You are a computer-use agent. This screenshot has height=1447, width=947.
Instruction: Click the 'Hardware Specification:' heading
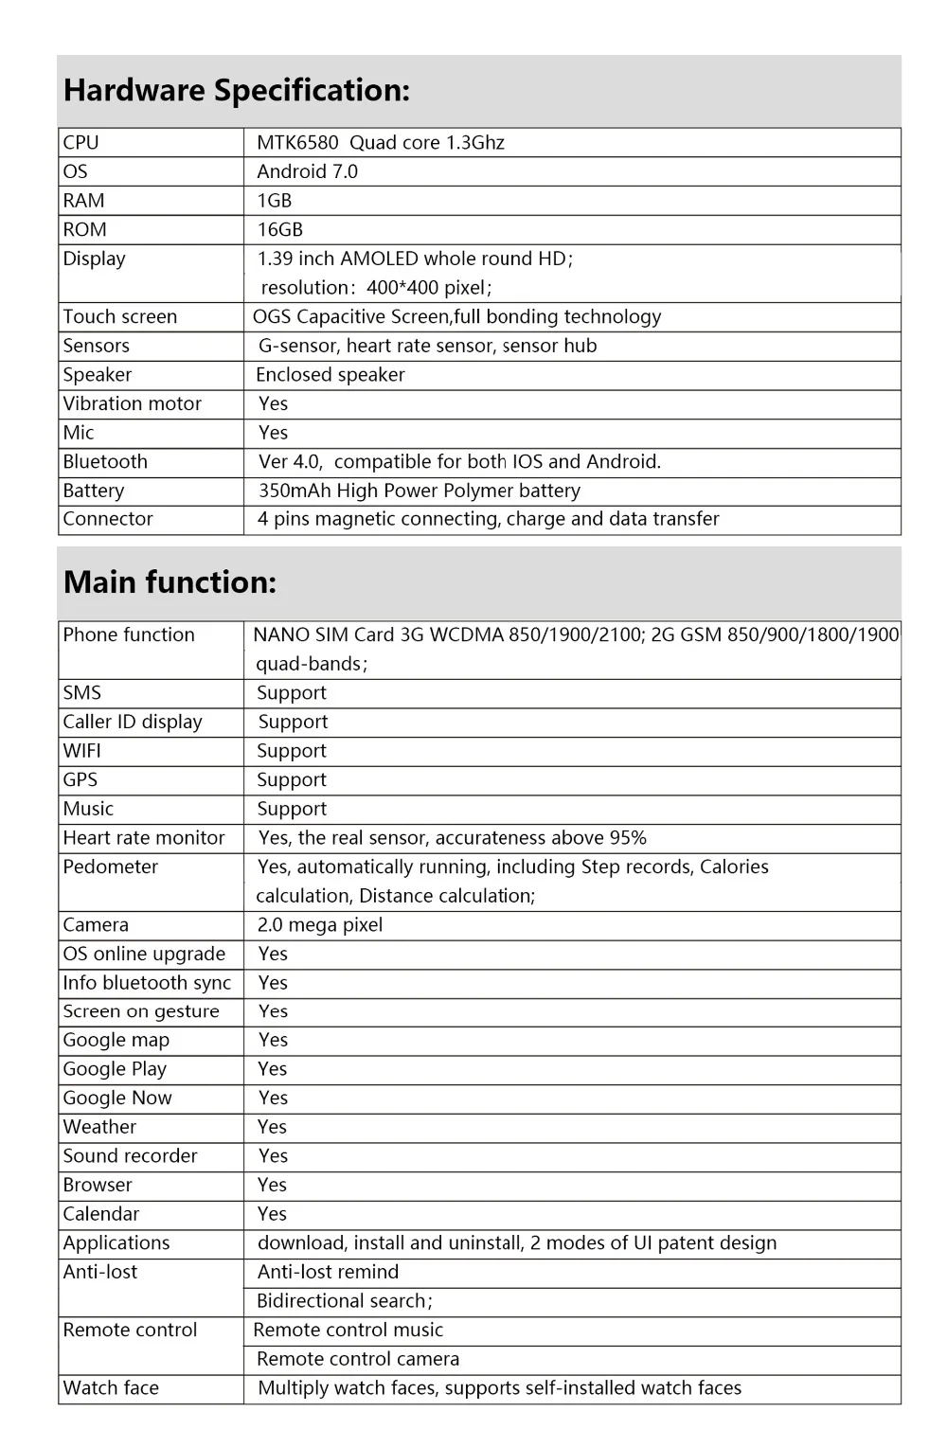(x=237, y=91)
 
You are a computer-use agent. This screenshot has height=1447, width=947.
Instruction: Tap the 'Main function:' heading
(x=170, y=582)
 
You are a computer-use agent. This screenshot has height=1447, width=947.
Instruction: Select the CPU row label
(x=80, y=143)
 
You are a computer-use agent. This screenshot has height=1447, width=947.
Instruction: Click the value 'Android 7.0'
(x=307, y=171)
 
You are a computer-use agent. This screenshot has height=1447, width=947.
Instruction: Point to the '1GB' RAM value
(x=275, y=201)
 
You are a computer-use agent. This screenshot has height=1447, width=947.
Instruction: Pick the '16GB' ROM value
(x=280, y=230)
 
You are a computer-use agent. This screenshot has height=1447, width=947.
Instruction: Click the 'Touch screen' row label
(x=120, y=317)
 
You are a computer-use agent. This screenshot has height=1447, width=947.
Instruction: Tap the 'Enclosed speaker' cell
(x=331, y=375)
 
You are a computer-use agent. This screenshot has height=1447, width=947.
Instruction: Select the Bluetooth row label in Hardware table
(x=105, y=462)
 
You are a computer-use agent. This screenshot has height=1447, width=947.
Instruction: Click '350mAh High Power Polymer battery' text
(x=420, y=491)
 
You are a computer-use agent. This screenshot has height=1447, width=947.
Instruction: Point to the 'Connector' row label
(x=108, y=519)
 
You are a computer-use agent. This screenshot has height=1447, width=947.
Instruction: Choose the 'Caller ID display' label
(x=133, y=722)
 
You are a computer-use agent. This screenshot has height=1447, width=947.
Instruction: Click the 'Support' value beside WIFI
(x=292, y=751)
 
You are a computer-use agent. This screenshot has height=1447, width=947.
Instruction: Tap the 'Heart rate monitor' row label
(x=144, y=838)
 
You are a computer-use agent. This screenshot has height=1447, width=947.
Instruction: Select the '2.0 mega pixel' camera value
(x=320, y=925)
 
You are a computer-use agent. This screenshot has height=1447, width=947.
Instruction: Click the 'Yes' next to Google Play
(x=273, y=1069)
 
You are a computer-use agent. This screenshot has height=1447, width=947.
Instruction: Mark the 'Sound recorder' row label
(x=131, y=1156)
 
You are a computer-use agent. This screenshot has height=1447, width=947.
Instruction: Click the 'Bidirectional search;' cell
(x=345, y=1301)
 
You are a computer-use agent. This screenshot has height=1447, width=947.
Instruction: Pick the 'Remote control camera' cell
(x=358, y=1359)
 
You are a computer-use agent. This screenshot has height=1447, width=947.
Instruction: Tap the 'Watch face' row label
(x=111, y=1388)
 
